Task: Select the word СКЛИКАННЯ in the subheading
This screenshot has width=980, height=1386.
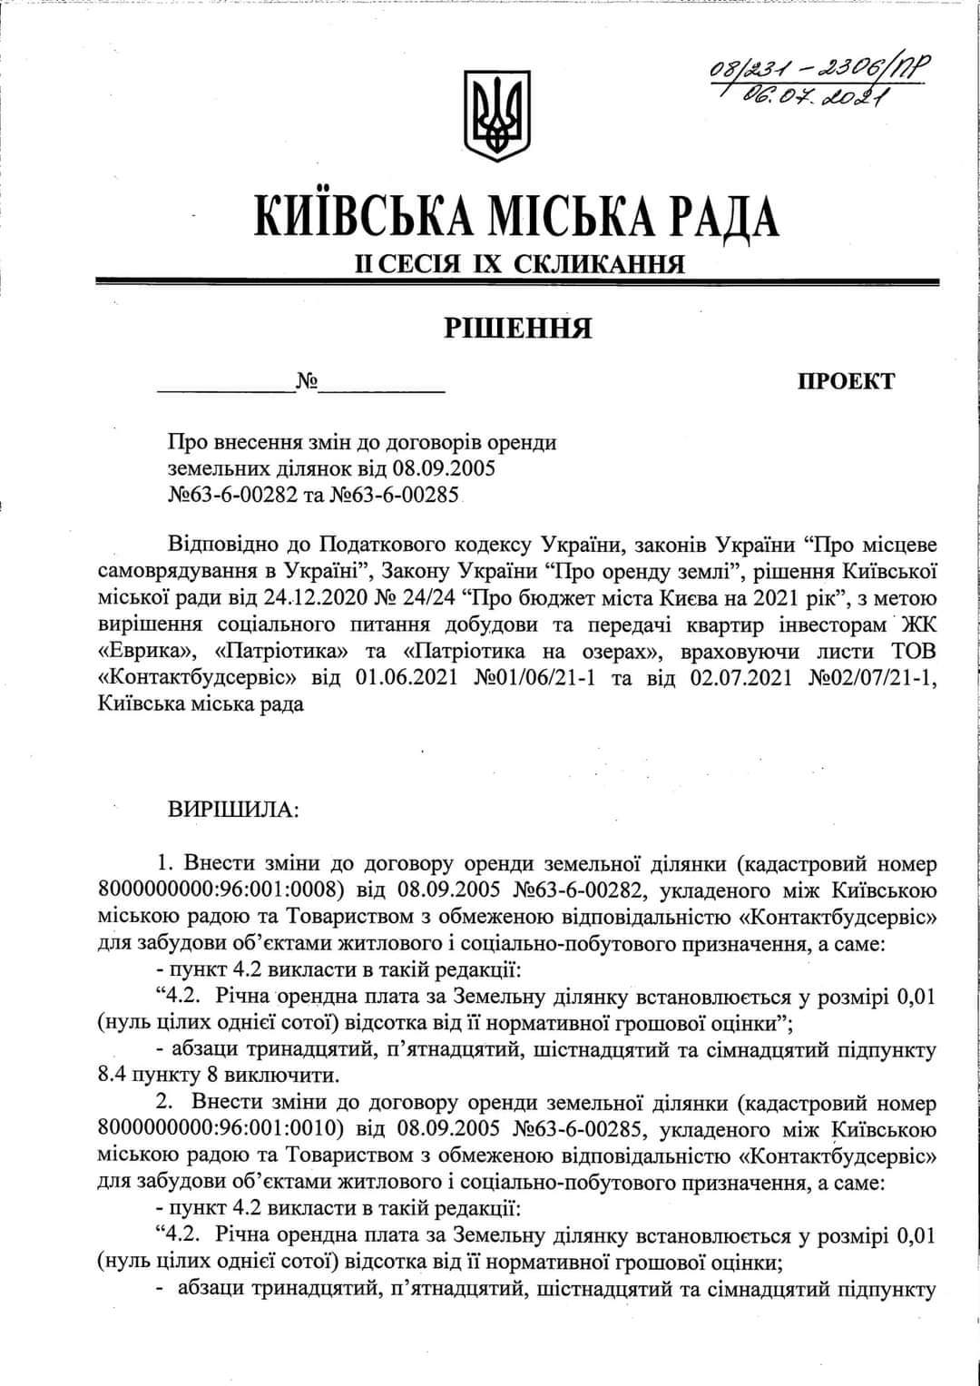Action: (x=600, y=264)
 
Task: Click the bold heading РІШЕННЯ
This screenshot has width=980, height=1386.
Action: (x=518, y=328)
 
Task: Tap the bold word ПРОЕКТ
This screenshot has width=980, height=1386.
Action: (x=845, y=381)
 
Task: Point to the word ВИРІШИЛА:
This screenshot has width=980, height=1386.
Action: (x=233, y=810)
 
